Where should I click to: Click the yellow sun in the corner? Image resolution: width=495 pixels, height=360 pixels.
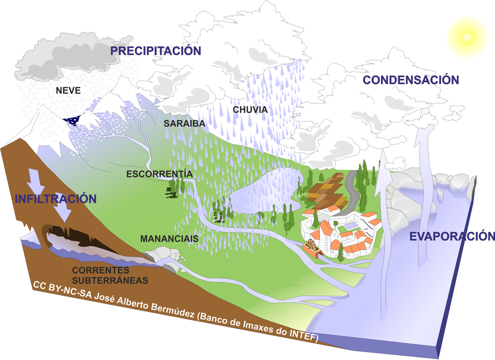click(465, 37)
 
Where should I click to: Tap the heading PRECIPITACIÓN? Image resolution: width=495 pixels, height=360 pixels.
click(155, 51)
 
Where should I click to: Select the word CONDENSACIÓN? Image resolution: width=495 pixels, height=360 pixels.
click(411, 80)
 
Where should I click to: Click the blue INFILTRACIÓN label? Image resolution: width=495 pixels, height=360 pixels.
click(56, 199)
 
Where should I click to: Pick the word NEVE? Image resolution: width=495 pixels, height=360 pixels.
click(68, 91)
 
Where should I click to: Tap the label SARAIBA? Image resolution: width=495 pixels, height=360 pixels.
click(183, 124)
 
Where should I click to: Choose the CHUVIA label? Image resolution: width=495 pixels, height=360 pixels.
click(250, 110)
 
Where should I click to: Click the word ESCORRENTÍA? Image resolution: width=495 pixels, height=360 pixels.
click(160, 174)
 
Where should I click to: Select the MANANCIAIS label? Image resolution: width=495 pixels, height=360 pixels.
click(169, 239)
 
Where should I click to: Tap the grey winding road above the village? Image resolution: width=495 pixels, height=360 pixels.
click(352, 188)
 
